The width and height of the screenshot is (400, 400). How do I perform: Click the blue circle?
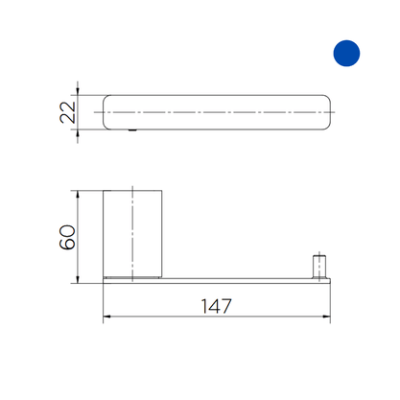[x=346, y=54]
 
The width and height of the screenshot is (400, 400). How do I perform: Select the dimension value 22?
[x=68, y=112]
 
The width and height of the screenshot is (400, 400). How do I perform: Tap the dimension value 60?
[x=67, y=237]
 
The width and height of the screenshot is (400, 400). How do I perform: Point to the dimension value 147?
[x=216, y=306]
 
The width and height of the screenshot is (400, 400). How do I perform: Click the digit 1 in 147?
[x=204, y=306]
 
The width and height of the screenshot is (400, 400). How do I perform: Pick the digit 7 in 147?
[x=225, y=306]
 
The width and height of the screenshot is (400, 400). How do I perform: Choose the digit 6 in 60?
[x=67, y=244]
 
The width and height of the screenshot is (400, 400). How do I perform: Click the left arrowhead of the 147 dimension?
[x=106, y=317]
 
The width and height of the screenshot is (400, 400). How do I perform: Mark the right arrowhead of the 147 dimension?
[x=326, y=317]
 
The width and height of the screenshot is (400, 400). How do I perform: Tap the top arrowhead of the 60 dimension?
[x=78, y=195]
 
